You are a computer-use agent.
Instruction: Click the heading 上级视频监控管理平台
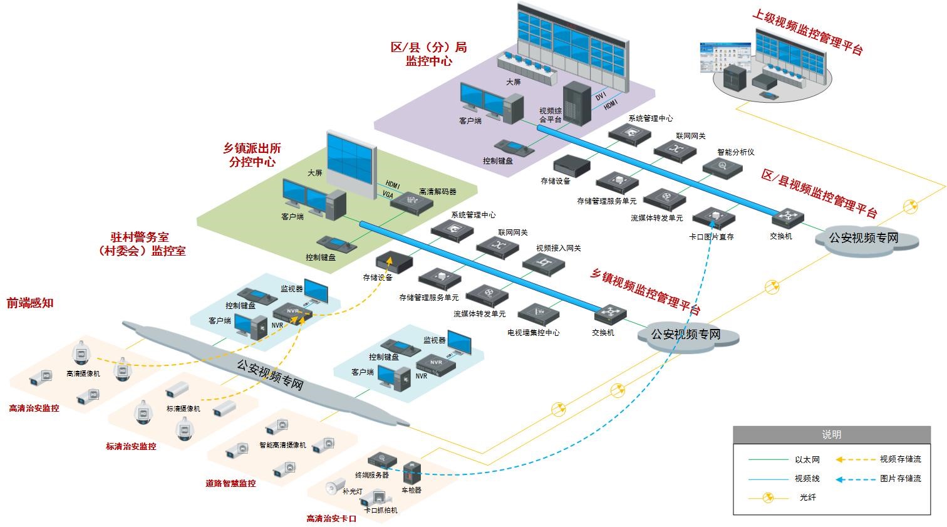(x=808, y=31)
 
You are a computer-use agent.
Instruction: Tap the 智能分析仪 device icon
(x=722, y=167)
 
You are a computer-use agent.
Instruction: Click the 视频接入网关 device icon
(x=543, y=263)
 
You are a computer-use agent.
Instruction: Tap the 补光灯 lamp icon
(x=336, y=484)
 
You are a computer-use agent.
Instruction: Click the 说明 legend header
(x=831, y=434)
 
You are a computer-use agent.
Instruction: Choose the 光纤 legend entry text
(x=807, y=498)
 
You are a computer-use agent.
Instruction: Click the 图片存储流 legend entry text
(x=900, y=478)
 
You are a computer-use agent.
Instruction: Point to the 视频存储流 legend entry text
(x=900, y=459)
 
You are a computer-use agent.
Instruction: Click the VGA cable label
(x=388, y=195)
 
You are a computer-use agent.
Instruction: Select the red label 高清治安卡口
(x=331, y=519)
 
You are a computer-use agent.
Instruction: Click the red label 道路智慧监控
(x=230, y=483)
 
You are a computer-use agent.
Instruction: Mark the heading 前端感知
(x=30, y=303)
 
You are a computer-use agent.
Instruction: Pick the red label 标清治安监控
(x=131, y=447)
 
